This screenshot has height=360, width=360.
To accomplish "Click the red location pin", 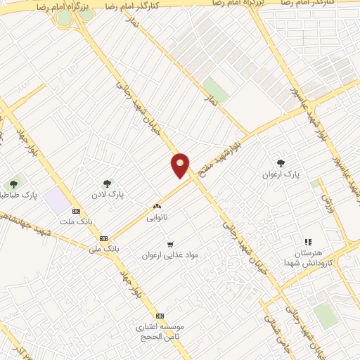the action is tap(181, 165).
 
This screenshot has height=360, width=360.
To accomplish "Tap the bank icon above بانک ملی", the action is tap(103, 238).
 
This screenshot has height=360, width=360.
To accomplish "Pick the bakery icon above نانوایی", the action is tap(157, 207).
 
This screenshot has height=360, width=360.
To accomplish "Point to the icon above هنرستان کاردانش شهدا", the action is tap(307, 240).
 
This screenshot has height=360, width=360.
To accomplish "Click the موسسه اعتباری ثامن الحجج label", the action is tap(161, 331).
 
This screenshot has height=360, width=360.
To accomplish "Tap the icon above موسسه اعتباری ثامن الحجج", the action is tap(160, 316).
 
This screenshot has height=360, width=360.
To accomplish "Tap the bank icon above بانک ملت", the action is tap(77, 211).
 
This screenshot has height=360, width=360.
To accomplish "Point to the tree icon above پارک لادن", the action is tap(107, 184).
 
